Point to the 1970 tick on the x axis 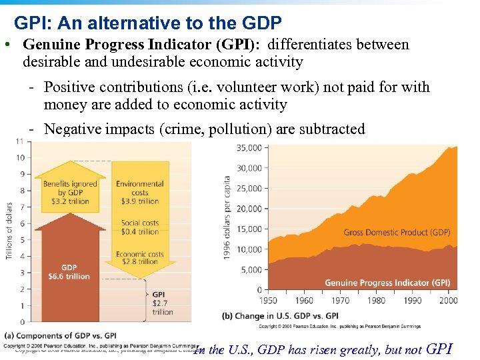tap(341, 300)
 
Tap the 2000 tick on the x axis tap(449, 300)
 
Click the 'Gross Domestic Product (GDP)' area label tap(397, 233)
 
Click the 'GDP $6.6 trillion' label tap(69, 272)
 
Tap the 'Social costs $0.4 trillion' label tap(140, 227)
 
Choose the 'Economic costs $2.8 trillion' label tap(140, 259)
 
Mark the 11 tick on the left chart tap(19, 141)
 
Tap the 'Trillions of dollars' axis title tap(9, 231)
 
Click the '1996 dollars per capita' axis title tap(228, 217)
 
